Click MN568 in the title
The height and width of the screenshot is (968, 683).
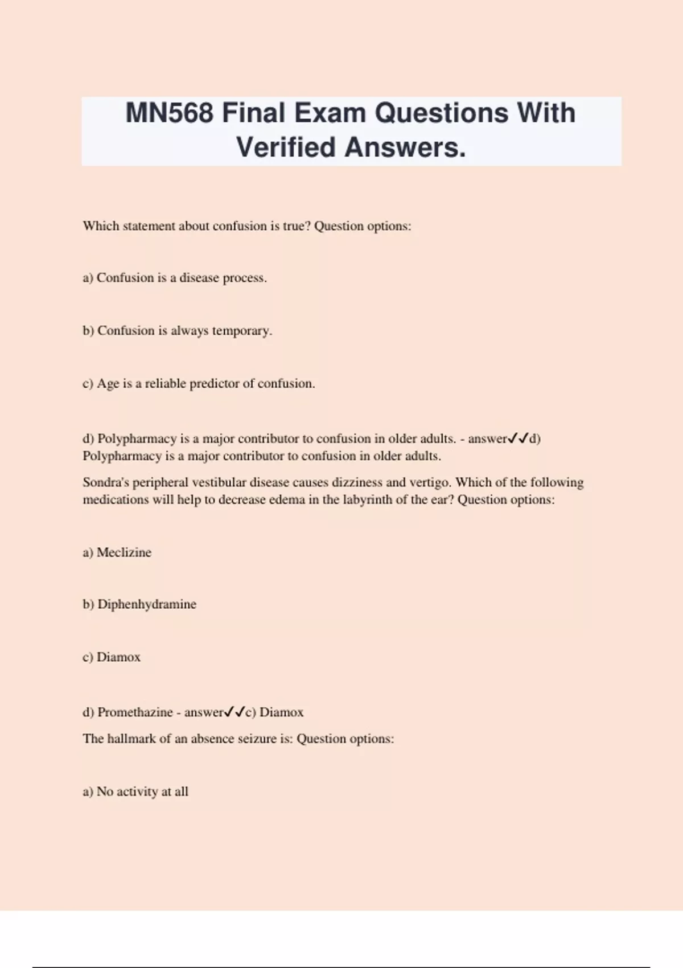click(169, 113)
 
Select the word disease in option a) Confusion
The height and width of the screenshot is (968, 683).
click(199, 278)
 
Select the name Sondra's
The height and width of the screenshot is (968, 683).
click(106, 482)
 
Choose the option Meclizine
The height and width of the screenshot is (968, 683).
click(124, 552)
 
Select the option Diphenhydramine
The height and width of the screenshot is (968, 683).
click(147, 604)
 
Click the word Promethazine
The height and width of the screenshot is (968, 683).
click(135, 712)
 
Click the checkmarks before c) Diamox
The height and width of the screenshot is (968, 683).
click(234, 712)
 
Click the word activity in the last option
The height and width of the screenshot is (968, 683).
click(137, 791)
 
